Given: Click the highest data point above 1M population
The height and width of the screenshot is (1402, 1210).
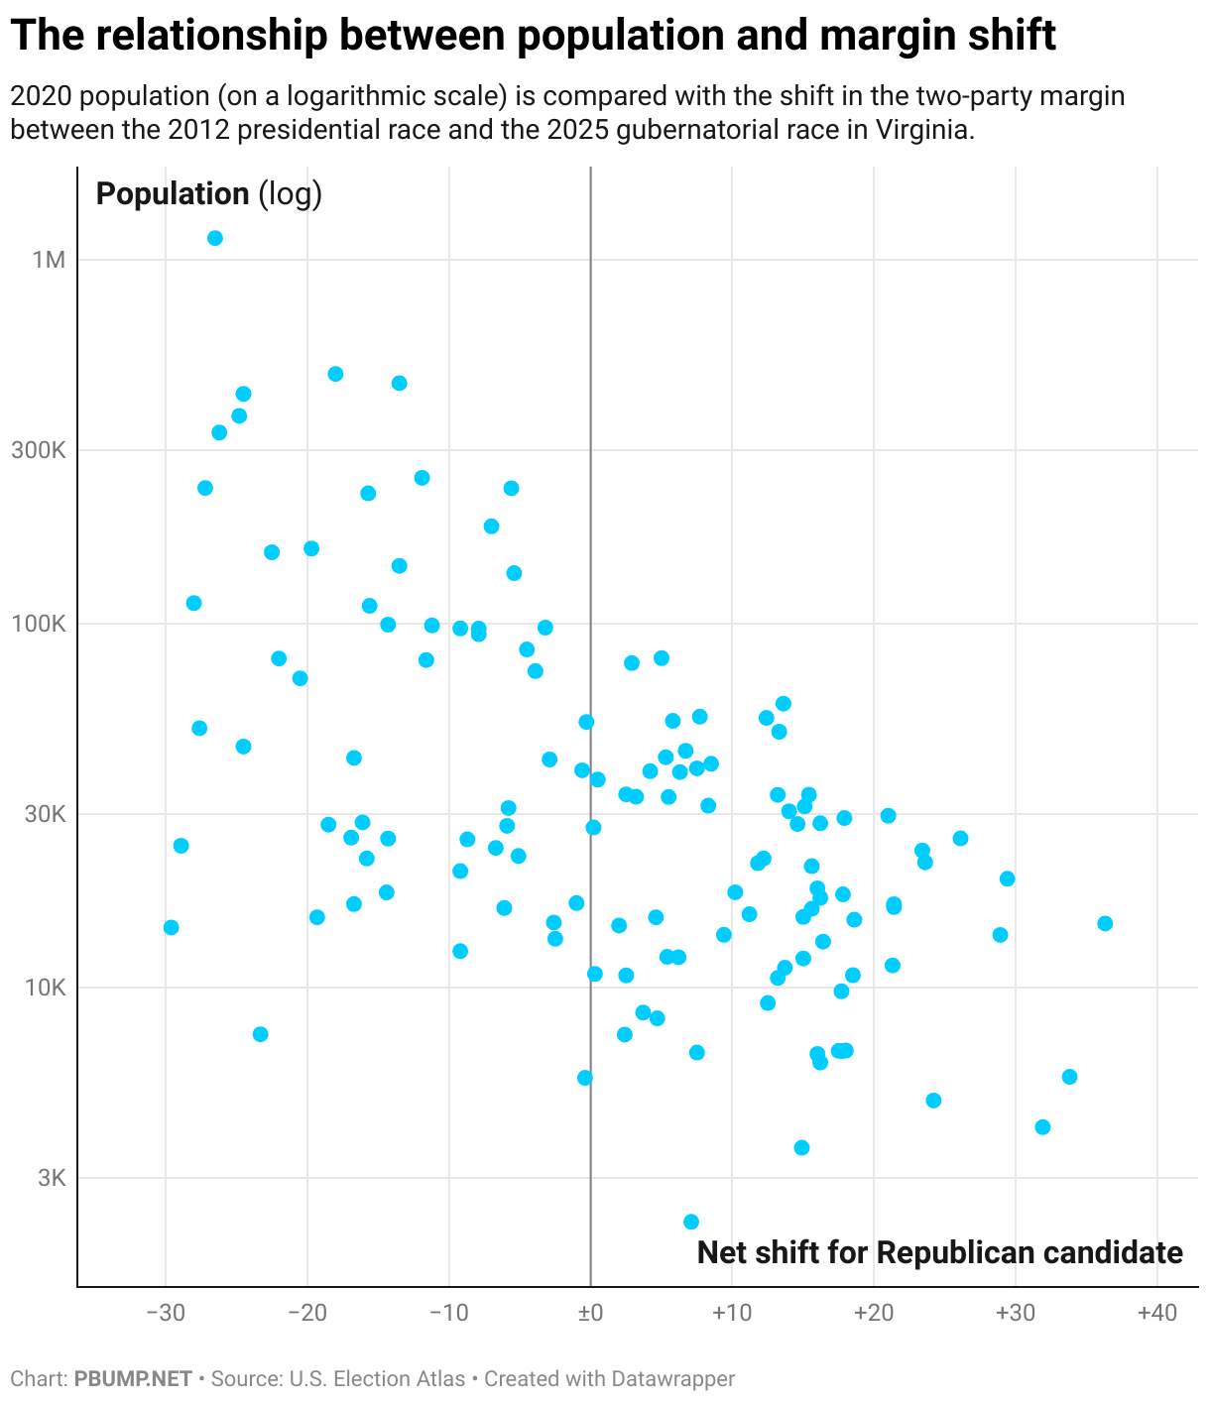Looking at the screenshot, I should coord(214,238).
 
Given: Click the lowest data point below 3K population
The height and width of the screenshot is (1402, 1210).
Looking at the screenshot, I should coord(691,1222).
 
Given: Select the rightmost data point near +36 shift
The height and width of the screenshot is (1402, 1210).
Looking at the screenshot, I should coord(1105,923).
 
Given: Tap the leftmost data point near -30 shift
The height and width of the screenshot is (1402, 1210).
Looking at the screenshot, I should coord(171,927).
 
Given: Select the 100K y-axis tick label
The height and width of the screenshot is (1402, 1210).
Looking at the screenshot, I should coord(40,625).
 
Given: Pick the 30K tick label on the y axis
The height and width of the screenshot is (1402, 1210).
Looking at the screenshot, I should coord(44,814).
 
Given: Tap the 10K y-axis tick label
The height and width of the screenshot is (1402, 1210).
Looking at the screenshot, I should coord(44,989).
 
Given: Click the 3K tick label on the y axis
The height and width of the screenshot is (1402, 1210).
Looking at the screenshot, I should coord(49,1178).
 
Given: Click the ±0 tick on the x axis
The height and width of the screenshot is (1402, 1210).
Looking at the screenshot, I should coord(590,1314).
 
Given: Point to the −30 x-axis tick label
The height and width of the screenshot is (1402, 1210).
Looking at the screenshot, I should coord(165,1314).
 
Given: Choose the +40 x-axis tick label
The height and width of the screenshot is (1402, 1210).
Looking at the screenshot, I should coord(1156,1314).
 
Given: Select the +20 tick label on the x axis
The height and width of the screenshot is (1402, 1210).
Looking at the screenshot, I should coord(873,1314).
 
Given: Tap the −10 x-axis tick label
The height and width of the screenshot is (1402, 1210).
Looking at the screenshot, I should coord(448,1314).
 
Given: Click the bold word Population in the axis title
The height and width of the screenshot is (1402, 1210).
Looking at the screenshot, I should coord(173,194).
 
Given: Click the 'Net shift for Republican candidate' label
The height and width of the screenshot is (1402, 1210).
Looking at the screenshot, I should coord(939,1252).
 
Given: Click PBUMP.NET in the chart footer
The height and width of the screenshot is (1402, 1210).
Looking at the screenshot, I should coord(133,1379).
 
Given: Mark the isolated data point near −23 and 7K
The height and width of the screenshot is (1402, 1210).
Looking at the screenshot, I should coord(260,1034).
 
